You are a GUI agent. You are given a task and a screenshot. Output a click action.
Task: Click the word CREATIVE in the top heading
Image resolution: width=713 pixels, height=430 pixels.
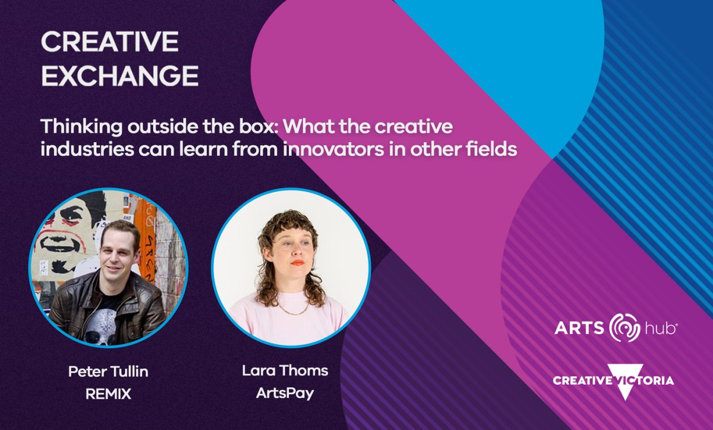110,42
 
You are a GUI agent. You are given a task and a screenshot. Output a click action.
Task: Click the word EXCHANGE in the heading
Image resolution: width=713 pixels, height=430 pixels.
120,76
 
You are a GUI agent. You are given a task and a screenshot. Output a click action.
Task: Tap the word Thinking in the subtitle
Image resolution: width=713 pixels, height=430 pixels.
81,127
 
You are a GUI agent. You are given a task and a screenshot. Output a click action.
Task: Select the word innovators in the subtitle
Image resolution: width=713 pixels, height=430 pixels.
333,149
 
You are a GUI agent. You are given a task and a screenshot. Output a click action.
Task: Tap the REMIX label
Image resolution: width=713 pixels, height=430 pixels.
108,394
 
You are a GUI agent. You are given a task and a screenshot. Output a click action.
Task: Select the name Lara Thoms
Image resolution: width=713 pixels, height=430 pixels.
285,371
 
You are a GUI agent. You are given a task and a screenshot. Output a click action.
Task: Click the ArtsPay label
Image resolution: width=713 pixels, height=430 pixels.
285,393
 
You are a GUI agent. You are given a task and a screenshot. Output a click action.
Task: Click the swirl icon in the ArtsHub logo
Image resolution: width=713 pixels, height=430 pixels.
624,328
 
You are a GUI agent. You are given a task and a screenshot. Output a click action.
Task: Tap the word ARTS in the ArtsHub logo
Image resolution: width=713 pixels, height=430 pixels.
579,328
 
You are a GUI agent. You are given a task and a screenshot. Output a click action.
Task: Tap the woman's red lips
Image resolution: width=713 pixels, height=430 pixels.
297,263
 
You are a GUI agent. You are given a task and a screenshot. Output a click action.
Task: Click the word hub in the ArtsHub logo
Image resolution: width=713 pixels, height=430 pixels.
660,328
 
